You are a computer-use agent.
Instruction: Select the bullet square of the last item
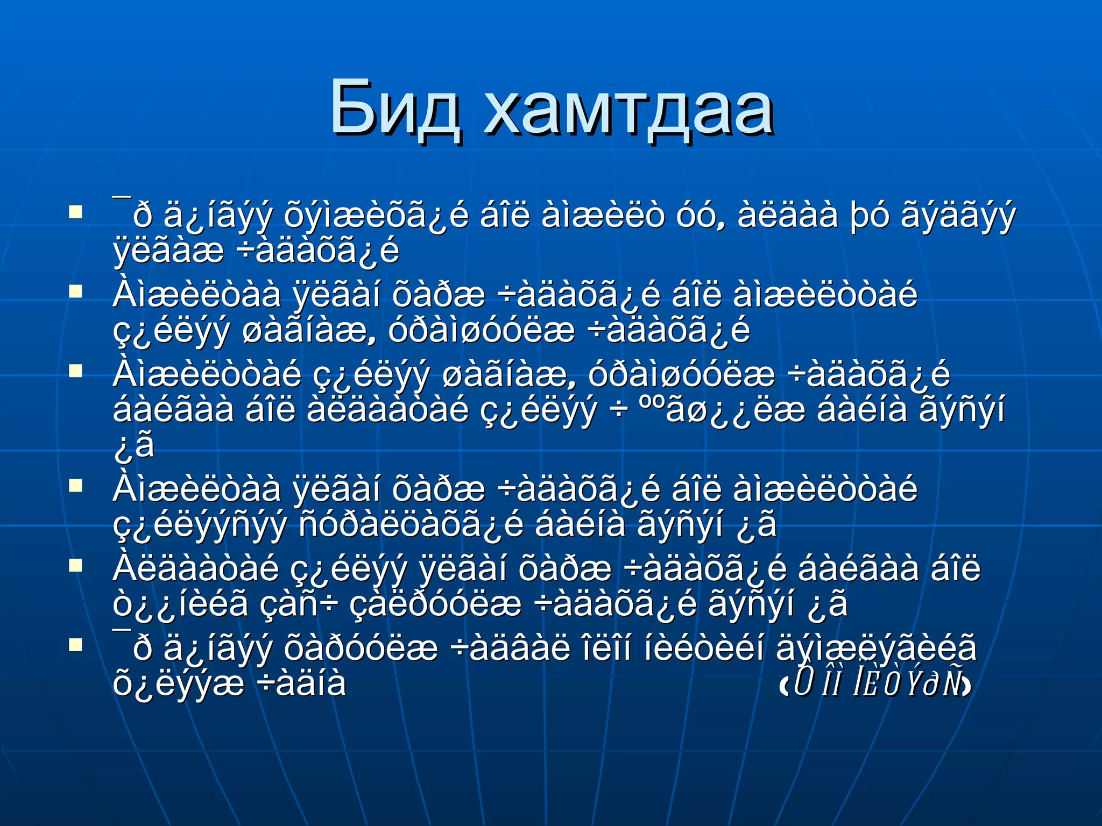(75, 644)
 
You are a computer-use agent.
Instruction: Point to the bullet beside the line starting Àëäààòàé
(75, 565)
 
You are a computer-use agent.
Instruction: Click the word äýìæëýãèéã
(876, 648)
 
